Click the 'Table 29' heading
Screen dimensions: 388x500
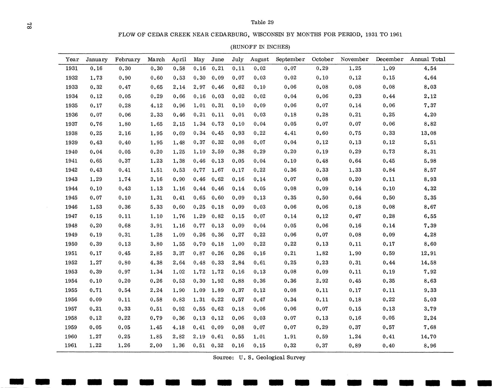pyautogui.click(x=262, y=22)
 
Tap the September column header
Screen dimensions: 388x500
pyautogui.click(x=290, y=59)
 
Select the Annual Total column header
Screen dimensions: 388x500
pyautogui.click(x=428, y=59)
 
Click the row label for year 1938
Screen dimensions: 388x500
pyautogui.click(x=71, y=133)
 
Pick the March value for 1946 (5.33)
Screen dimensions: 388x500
pyautogui.click(x=156, y=207)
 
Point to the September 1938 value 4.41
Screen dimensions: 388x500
pyautogui.click(x=290, y=133)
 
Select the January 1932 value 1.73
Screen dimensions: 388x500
pyautogui.click(x=96, y=78)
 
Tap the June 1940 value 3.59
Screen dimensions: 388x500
pyautogui.click(x=218, y=152)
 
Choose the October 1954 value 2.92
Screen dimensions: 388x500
pyautogui.click(x=322, y=281)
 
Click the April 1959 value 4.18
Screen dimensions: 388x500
pyautogui.click(x=179, y=327)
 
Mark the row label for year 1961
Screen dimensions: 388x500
pyautogui.click(x=71, y=346)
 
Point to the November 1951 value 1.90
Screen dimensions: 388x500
pyautogui.click(x=355, y=253)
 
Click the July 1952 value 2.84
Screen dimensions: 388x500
pyautogui.click(x=238, y=263)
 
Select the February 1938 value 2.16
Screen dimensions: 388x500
pyautogui.click(x=125, y=133)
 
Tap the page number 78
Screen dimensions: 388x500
pyautogui.click(x=29, y=26)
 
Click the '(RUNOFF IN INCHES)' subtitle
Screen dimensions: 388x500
pyautogui.click(x=260, y=47)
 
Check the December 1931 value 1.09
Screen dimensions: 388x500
pyautogui.click(x=389, y=68)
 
